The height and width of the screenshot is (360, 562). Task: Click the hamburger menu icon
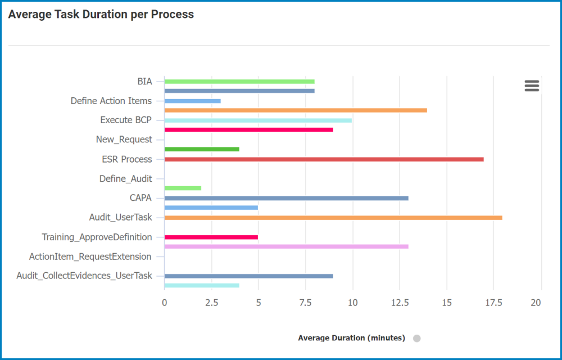click(x=532, y=85)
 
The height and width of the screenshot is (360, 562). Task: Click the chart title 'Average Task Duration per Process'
click(x=101, y=15)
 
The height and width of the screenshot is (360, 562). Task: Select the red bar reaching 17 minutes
click(x=324, y=159)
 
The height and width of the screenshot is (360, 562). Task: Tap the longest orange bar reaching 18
click(x=333, y=217)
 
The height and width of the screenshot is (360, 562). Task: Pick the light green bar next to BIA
click(x=239, y=82)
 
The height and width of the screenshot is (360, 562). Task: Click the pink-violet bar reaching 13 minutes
click(x=286, y=246)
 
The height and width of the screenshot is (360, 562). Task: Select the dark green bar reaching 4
click(x=202, y=149)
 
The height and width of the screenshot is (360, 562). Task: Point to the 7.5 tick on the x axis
click(x=305, y=303)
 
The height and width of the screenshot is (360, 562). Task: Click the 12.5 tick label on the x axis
click(x=400, y=303)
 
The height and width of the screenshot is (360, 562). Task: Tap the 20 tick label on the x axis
click(x=536, y=303)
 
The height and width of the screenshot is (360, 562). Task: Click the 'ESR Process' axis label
click(x=126, y=159)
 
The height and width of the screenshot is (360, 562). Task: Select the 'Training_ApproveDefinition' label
click(x=97, y=237)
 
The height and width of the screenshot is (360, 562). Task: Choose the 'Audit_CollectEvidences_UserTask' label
click(x=84, y=276)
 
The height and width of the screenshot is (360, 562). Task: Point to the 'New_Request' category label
click(x=124, y=139)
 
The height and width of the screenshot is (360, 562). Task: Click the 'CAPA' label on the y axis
click(x=140, y=198)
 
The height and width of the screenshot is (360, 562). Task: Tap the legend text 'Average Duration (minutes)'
click(x=351, y=338)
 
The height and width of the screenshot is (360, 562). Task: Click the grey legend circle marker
click(x=416, y=338)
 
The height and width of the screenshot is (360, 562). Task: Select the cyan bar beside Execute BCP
click(x=258, y=120)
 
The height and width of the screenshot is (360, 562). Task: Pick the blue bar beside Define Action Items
click(x=192, y=101)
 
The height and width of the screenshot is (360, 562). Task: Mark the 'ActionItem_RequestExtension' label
click(x=90, y=256)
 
